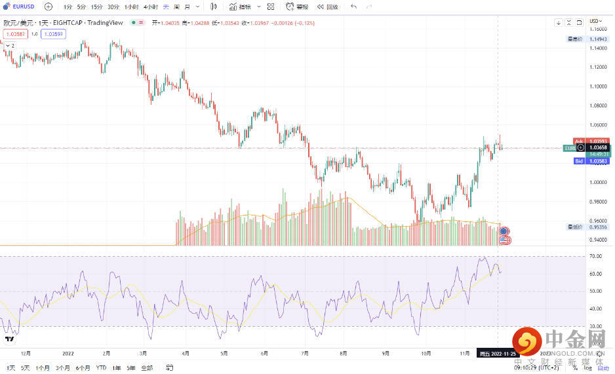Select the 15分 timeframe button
[x=96, y=7]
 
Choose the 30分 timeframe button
[x=113, y=7]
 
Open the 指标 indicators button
[x=242, y=7]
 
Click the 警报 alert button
[x=298, y=7]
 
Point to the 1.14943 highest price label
[x=598, y=39]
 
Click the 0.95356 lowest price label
[x=598, y=227]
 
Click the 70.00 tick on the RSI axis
[x=595, y=256]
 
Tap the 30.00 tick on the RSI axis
[x=595, y=326]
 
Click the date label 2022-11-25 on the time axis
[x=495, y=354]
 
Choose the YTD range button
[x=101, y=367]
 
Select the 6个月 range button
[x=83, y=367]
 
